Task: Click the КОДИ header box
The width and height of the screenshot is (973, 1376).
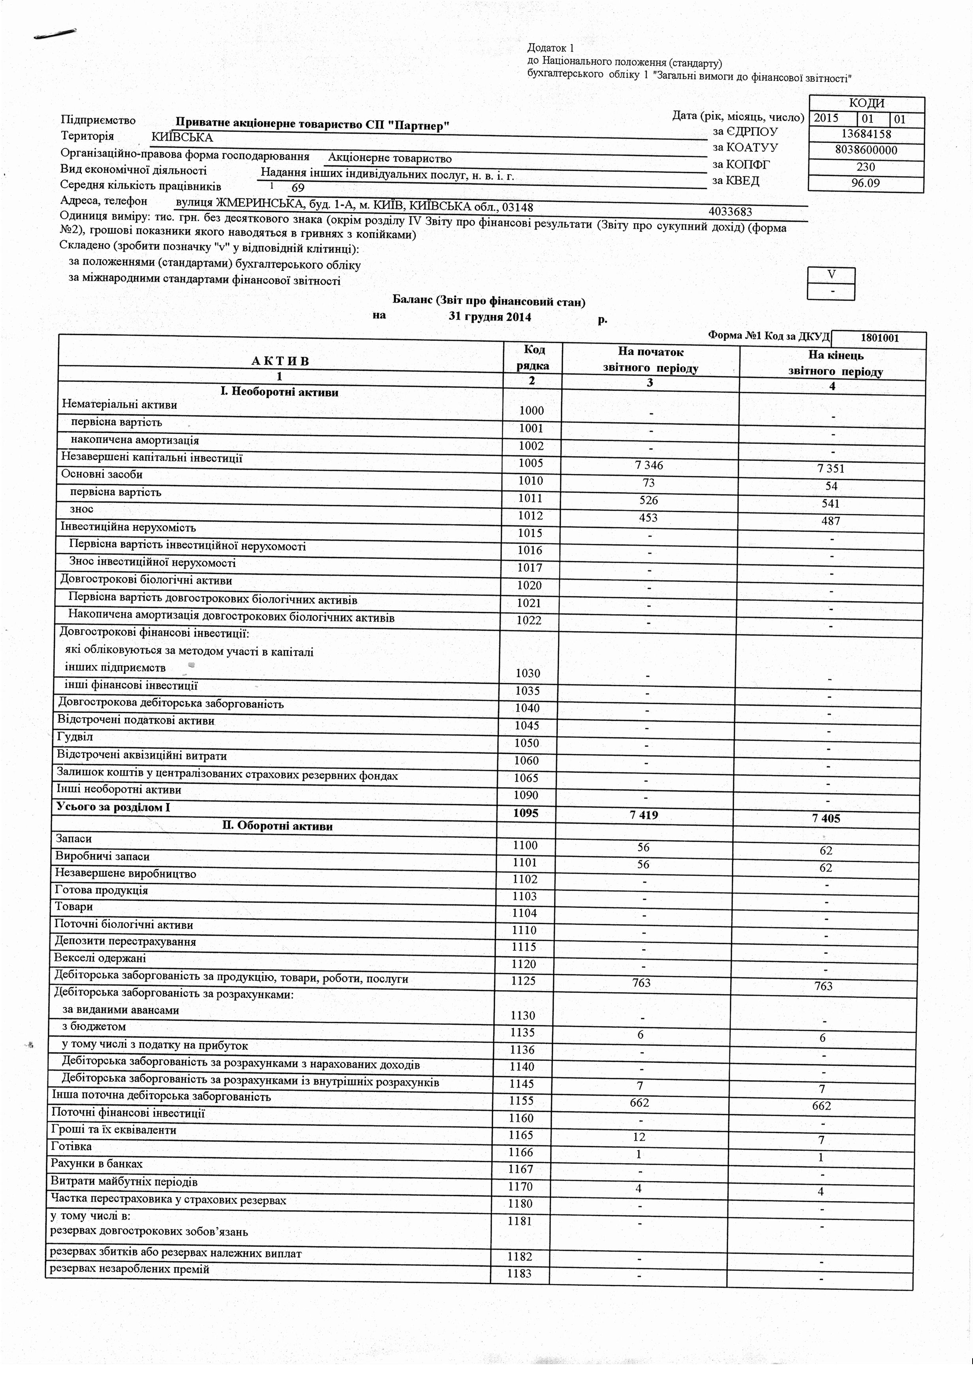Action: click(x=866, y=104)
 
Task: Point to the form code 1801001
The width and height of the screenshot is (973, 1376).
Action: click(x=879, y=338)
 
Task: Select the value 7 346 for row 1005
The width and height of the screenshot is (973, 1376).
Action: click(x=650, y=466)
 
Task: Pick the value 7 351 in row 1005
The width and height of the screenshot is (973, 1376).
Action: click(x=830, y=469)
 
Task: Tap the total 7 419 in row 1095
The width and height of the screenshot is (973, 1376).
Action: click(x=645, y=815)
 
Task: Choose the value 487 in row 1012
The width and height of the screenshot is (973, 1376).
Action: click(x=830, y=521)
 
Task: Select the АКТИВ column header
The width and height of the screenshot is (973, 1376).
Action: click(x=280, y=361)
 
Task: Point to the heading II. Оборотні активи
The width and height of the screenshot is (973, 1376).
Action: click(x=277, y=826)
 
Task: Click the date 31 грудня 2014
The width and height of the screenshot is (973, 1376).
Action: click(x=490, y=317)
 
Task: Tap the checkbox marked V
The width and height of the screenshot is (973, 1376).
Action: click(x=831, y=274)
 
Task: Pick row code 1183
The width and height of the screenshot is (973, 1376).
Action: click(x=519, y=1274)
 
